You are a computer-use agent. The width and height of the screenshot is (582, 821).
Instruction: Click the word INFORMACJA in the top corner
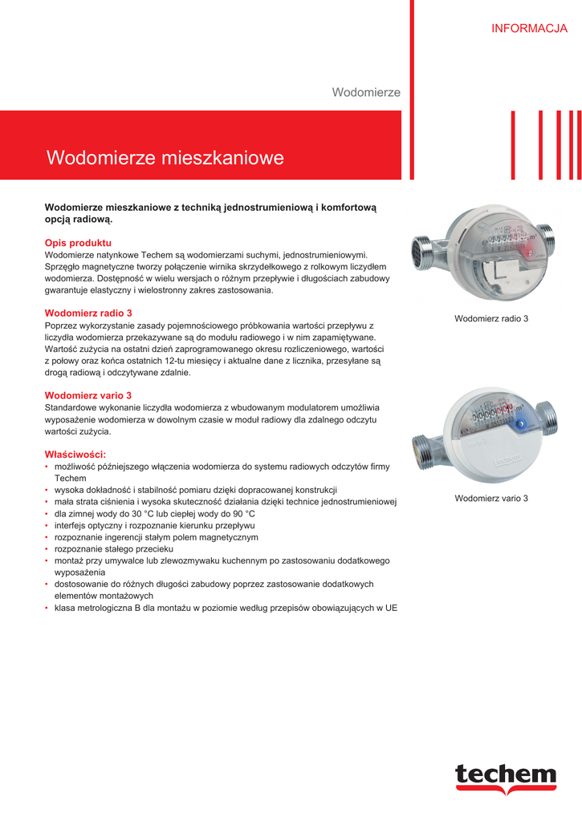529,29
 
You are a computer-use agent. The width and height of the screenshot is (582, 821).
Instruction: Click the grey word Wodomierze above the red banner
366,93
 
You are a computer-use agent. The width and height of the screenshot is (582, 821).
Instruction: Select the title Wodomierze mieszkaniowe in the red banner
165,158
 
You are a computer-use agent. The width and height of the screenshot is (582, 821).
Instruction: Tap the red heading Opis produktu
78,242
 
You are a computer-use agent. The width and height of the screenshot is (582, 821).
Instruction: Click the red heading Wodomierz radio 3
88,313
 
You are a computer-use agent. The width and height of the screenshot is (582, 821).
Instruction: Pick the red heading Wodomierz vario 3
88,395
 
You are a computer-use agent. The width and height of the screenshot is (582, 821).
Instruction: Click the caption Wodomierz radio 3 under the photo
491,319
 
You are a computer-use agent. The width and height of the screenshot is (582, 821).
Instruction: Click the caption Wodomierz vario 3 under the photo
491,499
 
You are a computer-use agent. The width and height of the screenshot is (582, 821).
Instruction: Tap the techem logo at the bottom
506,776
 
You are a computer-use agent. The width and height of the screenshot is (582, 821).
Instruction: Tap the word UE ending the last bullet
391,609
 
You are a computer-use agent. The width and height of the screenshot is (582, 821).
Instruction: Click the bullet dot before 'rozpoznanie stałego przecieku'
47,549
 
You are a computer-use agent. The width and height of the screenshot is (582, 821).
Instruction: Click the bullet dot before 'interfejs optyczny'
47,525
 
